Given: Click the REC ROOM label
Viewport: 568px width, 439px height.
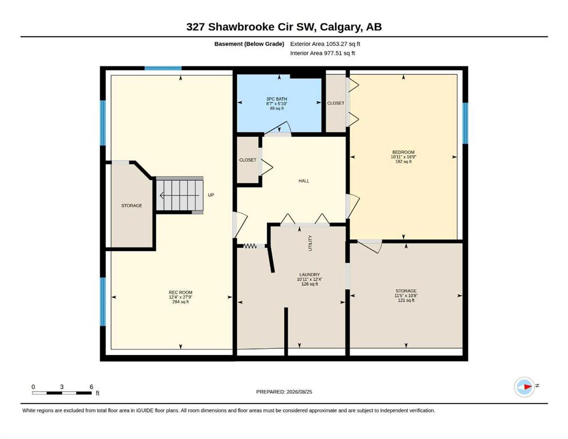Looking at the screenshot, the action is coord(180,293).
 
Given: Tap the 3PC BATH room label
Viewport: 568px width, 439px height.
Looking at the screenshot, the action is coord(276,99).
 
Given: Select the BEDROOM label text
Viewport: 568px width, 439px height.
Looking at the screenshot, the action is coord(403,153).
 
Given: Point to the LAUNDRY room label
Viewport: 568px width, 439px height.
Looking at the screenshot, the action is coord(309,275).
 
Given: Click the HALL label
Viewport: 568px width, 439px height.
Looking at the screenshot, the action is coord(304,181).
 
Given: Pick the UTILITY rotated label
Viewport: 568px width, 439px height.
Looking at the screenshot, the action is coord(310,243).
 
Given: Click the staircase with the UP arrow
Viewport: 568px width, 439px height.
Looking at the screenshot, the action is coord(179,195).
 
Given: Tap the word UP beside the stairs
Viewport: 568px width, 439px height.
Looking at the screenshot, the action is coord(211,195).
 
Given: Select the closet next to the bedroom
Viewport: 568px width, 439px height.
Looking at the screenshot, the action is coord(336,103).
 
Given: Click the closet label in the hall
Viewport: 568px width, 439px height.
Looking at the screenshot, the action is coord(248,160).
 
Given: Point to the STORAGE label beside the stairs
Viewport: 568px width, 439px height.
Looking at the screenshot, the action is coord(132,206).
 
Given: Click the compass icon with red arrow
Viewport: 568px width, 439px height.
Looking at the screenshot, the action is coord(524,387).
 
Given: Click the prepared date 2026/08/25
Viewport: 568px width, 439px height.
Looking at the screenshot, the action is coord(299,392).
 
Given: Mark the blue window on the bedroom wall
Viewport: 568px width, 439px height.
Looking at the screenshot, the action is coord(466,123).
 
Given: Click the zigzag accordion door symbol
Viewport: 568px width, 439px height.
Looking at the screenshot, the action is coord(250,246).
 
